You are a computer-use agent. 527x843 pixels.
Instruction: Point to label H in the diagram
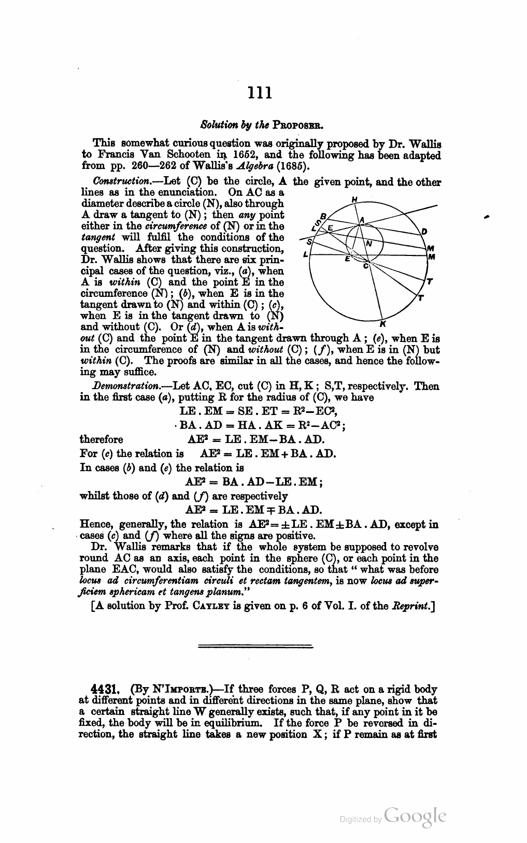pyautogui.click(x=354, y=198)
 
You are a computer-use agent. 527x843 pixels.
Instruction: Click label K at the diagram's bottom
pyautogui.click(x=382, y=324)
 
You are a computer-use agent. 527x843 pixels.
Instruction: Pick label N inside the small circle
pyautogui.click(x=368, y=243)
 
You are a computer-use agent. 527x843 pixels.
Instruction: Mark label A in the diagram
pyautogui.click(x=362, y=220)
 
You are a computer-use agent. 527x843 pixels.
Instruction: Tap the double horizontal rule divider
pyautogui.click(x=256, y=646)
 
